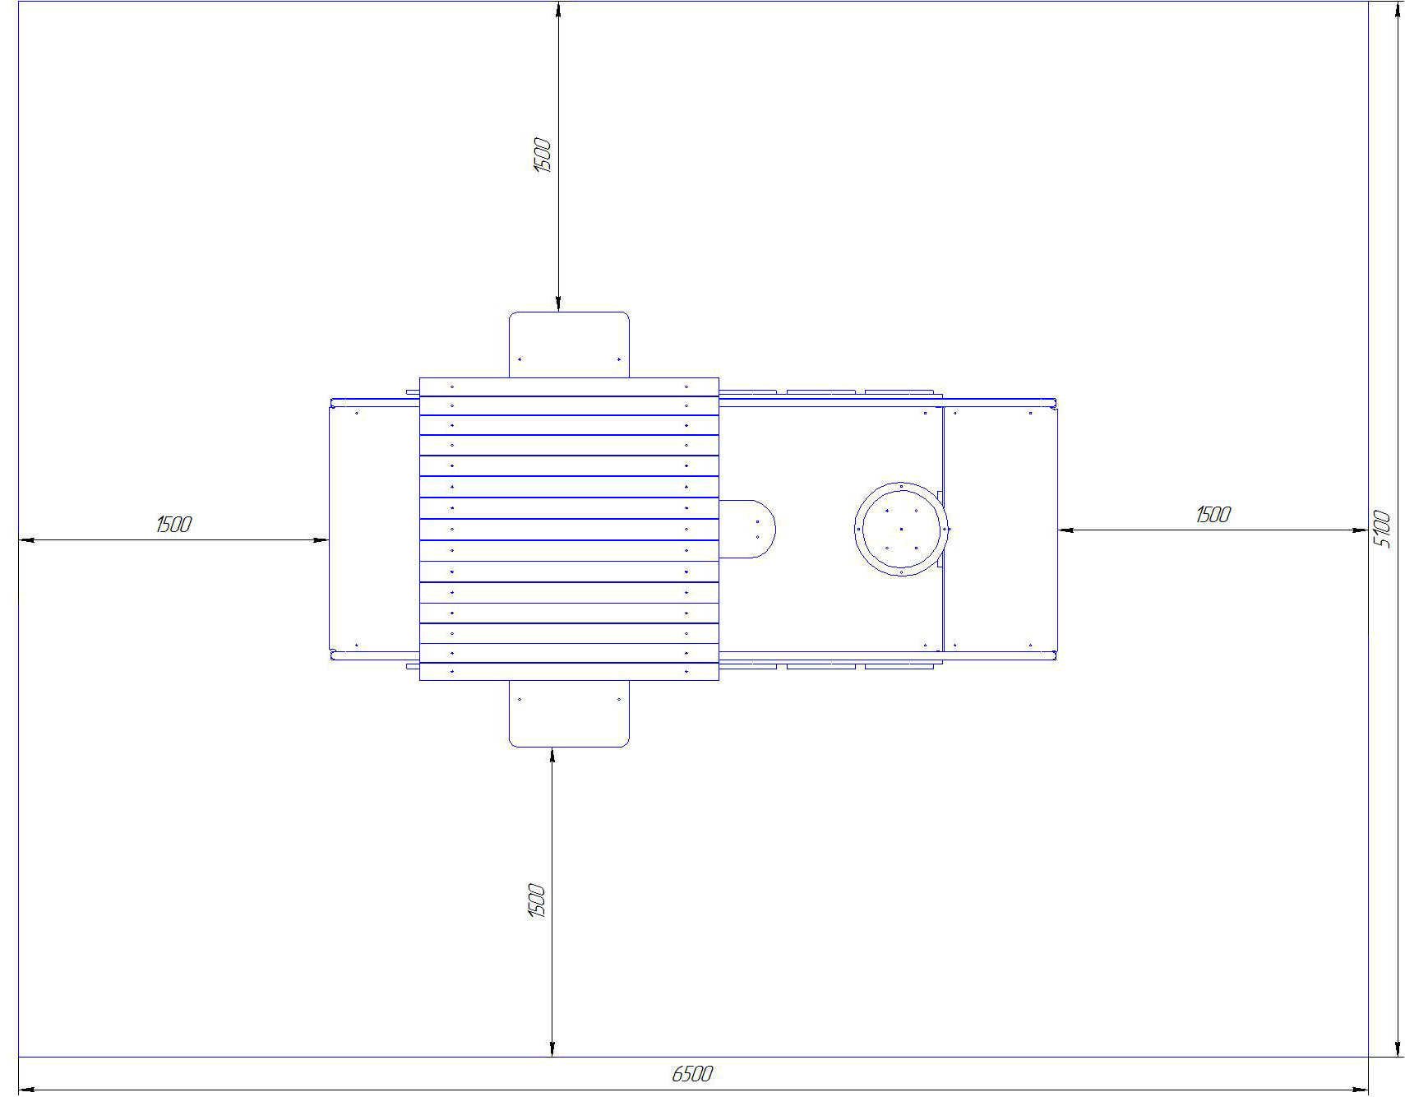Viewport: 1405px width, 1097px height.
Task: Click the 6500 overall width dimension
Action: (x=691, y=1074)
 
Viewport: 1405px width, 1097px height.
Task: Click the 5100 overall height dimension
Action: (x=1382, y=530)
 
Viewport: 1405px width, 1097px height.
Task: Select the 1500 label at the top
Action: (x=543, y=155)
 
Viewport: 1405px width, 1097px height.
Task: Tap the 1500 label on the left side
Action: (x=173, y=524)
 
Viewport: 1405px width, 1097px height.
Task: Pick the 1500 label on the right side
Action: (x=1213, y=515)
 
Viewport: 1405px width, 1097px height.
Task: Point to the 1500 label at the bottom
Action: (x=537, y=900)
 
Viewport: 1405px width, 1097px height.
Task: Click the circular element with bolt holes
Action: (x=901, y=529)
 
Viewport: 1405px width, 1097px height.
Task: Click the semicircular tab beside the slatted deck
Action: (x=747, y=529)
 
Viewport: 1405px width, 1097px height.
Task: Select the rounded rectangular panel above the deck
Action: (x=569, y=345)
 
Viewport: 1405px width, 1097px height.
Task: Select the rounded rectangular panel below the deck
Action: (x=569, y=714)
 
